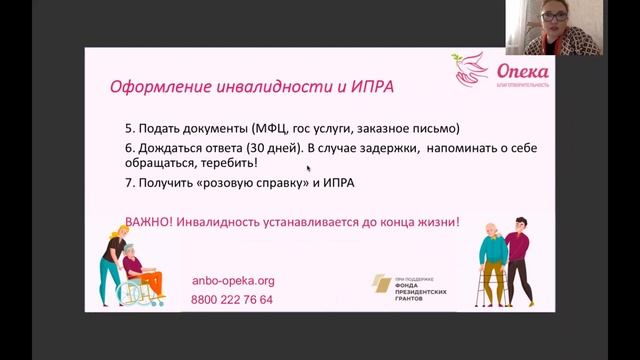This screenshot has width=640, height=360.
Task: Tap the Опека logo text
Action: pyautogui.click(x=522, y=72)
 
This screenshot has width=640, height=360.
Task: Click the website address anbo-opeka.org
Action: pyautogui.click(x=232, y=281)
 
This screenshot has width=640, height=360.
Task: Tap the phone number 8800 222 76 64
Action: pyautogui.click(x=232, y=299)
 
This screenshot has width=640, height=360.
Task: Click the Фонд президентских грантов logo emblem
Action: pyautogui.click(x=383, y=285)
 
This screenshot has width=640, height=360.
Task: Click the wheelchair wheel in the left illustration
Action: pyautogui.click(x=132, y=291)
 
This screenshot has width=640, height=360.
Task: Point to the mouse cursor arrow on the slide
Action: pyautogui.click(x=309, y=170)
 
